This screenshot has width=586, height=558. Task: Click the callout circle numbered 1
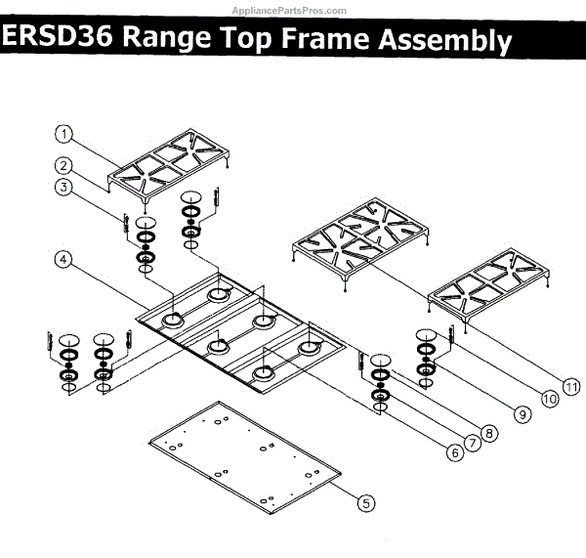coord(63,133)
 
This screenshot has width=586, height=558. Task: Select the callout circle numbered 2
coord(63,165)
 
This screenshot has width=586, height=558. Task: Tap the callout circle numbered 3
coord(63,187)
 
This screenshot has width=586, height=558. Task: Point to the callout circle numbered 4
coord(63,260)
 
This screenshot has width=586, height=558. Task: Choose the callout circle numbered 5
coord(365,504)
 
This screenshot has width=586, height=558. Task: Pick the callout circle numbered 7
coord(474,443)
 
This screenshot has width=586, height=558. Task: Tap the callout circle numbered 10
coord(548,398)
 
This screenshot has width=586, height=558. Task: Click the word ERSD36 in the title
coord(60,39)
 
